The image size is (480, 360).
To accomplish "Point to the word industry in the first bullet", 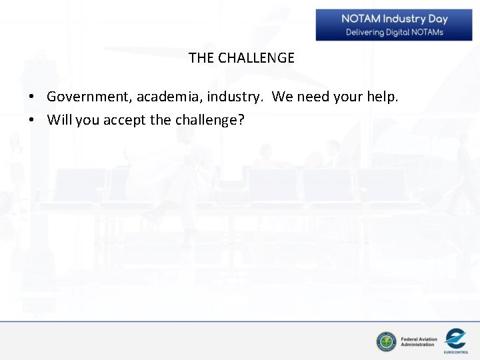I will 235,97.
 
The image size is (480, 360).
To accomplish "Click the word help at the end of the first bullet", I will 383,97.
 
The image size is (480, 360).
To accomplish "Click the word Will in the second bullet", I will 59,120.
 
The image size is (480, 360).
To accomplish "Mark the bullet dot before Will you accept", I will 31,121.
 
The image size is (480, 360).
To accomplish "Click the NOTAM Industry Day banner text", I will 394,19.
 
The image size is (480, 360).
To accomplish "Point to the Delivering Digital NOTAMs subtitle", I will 394,32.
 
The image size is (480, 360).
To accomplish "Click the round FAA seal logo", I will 386,342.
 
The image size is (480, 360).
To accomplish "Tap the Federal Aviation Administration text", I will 419,342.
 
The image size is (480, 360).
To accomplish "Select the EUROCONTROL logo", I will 455,341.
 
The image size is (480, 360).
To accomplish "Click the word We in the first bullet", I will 283,97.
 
